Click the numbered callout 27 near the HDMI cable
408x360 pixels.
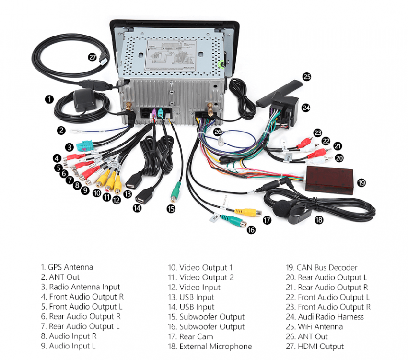pos(92,57)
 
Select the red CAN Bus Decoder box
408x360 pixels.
pos(329,180)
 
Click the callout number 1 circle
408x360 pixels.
pos(49,99)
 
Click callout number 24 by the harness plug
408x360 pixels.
pos(306,108)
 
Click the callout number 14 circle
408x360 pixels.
pos(138,208)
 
